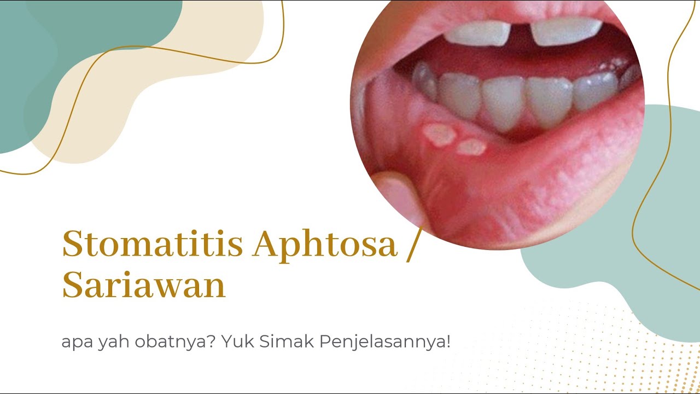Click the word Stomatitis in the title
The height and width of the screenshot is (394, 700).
tap(152, 245)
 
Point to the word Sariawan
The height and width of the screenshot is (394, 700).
tap(144, 285)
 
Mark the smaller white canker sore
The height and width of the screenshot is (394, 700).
tap(471, 147)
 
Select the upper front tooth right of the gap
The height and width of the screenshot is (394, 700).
tap(566, 32)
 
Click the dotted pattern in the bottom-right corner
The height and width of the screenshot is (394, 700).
tap(629, 367)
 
